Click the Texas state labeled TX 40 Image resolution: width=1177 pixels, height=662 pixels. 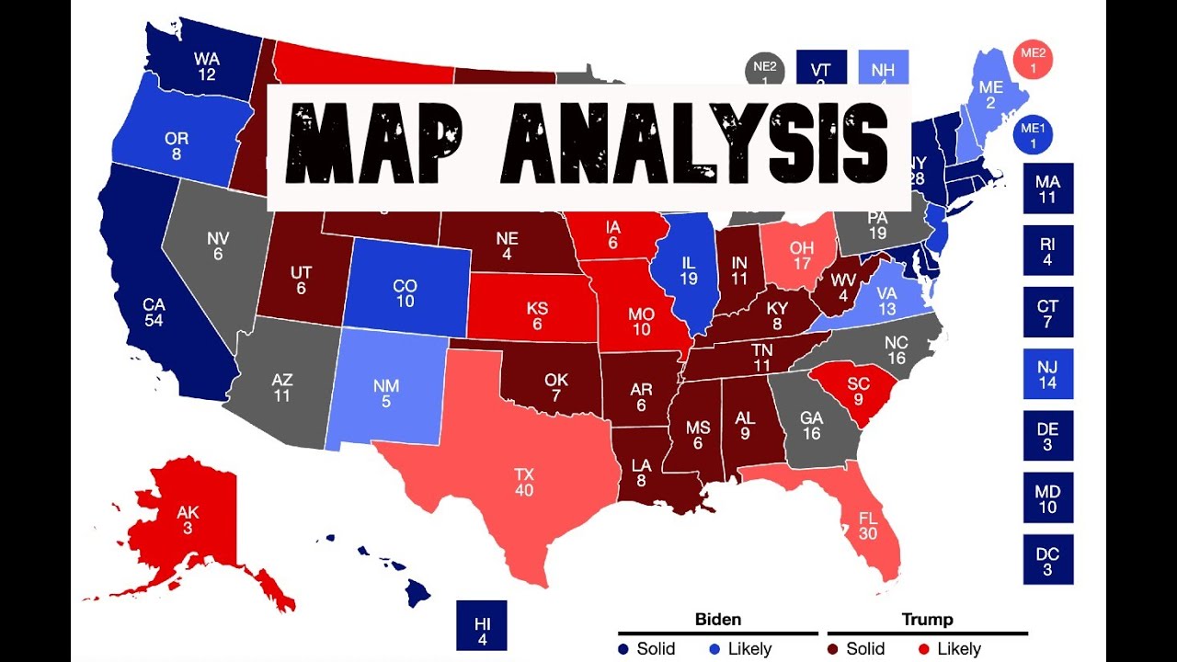coord(524,483)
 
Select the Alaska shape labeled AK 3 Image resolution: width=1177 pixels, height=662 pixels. coord(188,520)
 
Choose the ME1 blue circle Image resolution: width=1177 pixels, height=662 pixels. coord(1034,136)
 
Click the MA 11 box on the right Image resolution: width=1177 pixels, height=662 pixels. coord(1047,189)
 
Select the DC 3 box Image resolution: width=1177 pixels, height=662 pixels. coord(1047,561)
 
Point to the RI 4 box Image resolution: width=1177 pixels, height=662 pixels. coord(1047,251)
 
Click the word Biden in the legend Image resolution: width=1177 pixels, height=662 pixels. coord(717,619)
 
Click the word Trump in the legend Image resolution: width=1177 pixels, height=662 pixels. coord(927,619)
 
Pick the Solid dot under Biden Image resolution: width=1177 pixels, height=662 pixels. coord(623,649)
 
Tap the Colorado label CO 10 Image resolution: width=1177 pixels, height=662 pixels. coord(405,293)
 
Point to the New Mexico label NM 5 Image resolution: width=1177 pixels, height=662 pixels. coord(385,394)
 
